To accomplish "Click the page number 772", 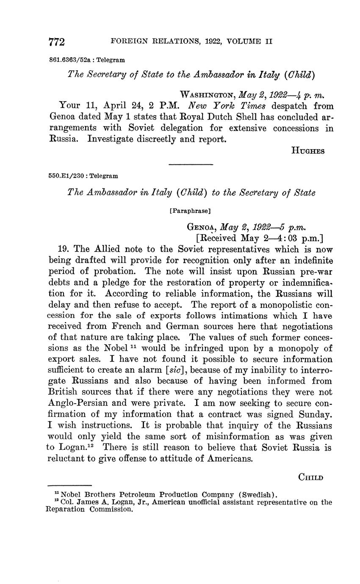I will pyautogui.click(x=57, y=42).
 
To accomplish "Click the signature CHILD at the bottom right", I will pyautogui.click(x=311, y=477).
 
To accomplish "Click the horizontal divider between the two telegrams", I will pyautogui.click(x=191, y=164).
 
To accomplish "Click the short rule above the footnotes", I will pyautogui.click(x=69, y=485).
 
